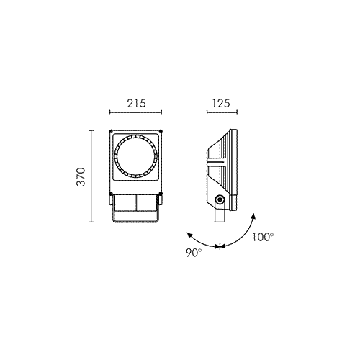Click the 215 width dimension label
(x=136, y=103)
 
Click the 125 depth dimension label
(x=221, y=103)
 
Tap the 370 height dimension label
(x=81, y=177)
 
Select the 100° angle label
(x=263, y=237)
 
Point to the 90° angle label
(x=194, y=253)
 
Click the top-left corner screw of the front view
(x=111, y=131)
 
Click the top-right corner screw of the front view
(x=161, y=131)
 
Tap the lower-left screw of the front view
(x=111, y=194)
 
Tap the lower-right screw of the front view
(x=161, y=194)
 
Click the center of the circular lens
(x=136, y=156)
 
